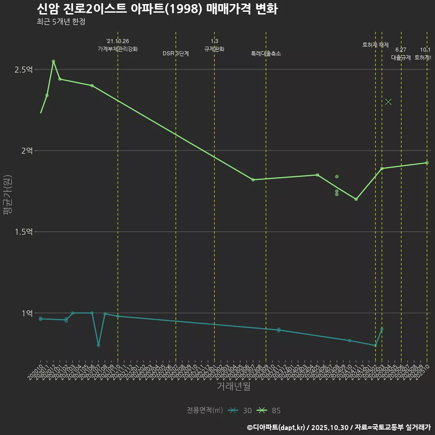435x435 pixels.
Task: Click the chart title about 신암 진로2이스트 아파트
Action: (x=157, y=9)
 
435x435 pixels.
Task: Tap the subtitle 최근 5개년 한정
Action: (x=61, y=21)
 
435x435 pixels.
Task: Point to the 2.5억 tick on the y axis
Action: (x=24, y=69)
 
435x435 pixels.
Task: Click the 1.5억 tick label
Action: (x=24, y=232)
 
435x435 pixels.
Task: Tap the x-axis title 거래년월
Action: (x=233, y=387)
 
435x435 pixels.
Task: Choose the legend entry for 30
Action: (x=240, y=411)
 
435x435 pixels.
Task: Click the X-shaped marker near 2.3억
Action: (x=388, y=101)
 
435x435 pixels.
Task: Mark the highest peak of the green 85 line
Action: (x=53, y=61)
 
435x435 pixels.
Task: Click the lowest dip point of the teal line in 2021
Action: (x=98, y=345)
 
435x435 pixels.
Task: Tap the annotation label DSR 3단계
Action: (x=176, y=53)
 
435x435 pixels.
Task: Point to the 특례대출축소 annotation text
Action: (x=266, y=53)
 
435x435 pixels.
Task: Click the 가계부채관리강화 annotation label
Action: (x=118, y=48)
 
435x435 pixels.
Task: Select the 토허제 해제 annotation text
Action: (x=376, y=45)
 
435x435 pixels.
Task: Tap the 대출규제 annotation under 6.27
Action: (x=401, y=58)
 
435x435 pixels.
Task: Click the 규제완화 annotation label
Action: (x=214, y=49)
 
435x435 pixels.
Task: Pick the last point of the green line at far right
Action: (x=427, y=163)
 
